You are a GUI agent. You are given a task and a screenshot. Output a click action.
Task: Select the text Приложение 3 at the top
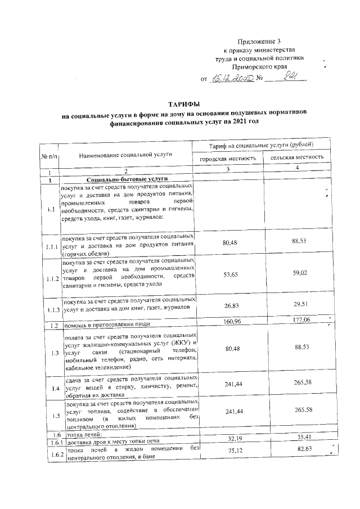tap(259, 41)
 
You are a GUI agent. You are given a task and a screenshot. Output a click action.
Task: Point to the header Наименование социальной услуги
tap(125, 153)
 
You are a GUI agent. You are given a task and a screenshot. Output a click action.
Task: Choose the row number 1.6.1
tap(52, 442)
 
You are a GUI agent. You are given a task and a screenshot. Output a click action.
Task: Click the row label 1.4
tap(52, 389)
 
